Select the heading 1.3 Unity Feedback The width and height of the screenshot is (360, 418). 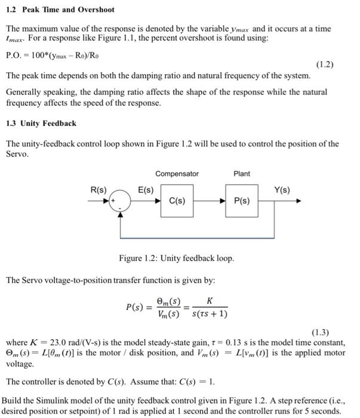pyautogui.click(x=41, y=123)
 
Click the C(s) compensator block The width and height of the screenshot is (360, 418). pyautogui.click(x=177, y=201)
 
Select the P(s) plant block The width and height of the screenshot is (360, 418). pyautogui.click(x=242, y=201)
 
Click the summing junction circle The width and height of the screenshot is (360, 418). pyautogui.click(x=122, y=201)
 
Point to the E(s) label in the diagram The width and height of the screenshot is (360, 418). pyautogui.click(x=146, y=190)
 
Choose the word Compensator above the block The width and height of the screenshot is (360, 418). pyautogui.click(x=177, y=174)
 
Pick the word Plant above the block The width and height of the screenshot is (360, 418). pyautogui.click(x=242, y=174)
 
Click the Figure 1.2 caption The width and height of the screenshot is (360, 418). pyautogui.click(x=177, y=259)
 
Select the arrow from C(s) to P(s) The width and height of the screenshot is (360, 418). pyautogui.click(x=209, y=201)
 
